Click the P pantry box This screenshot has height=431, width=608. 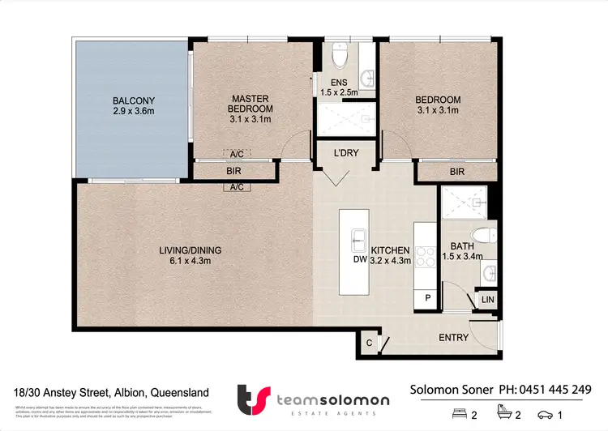[428, 298]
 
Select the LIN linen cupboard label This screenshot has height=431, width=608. [487, 300]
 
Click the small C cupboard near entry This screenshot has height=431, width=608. [368, 343]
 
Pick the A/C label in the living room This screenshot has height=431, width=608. [238, 187]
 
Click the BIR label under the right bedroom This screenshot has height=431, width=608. [457, 172]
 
